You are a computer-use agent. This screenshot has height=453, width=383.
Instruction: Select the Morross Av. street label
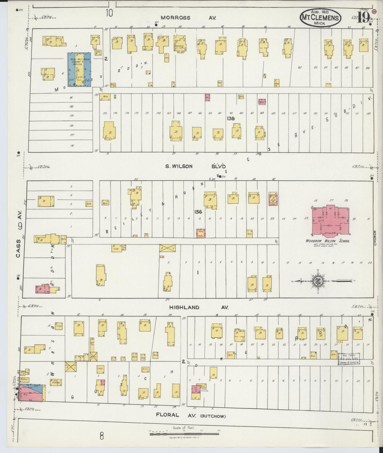coord(188,18)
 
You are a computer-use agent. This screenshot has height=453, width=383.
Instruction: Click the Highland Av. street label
coord(199,307)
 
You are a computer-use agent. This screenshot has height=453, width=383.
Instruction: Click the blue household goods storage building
coord(80,69)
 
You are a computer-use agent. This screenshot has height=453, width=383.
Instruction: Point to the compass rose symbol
coord(317,281)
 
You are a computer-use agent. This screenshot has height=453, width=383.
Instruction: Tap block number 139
coord(231,118)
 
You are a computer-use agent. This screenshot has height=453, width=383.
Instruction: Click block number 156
coord(198,212)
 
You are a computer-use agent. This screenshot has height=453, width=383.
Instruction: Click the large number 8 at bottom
coord(102,436)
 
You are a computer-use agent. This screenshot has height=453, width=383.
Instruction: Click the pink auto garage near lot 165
coord(207,97)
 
